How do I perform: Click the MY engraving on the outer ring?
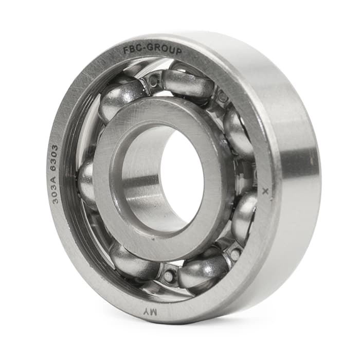click(x=148, y=312)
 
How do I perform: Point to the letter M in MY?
click(x=153, y=312)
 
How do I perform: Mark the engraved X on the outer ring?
click(x=266, y=191)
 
